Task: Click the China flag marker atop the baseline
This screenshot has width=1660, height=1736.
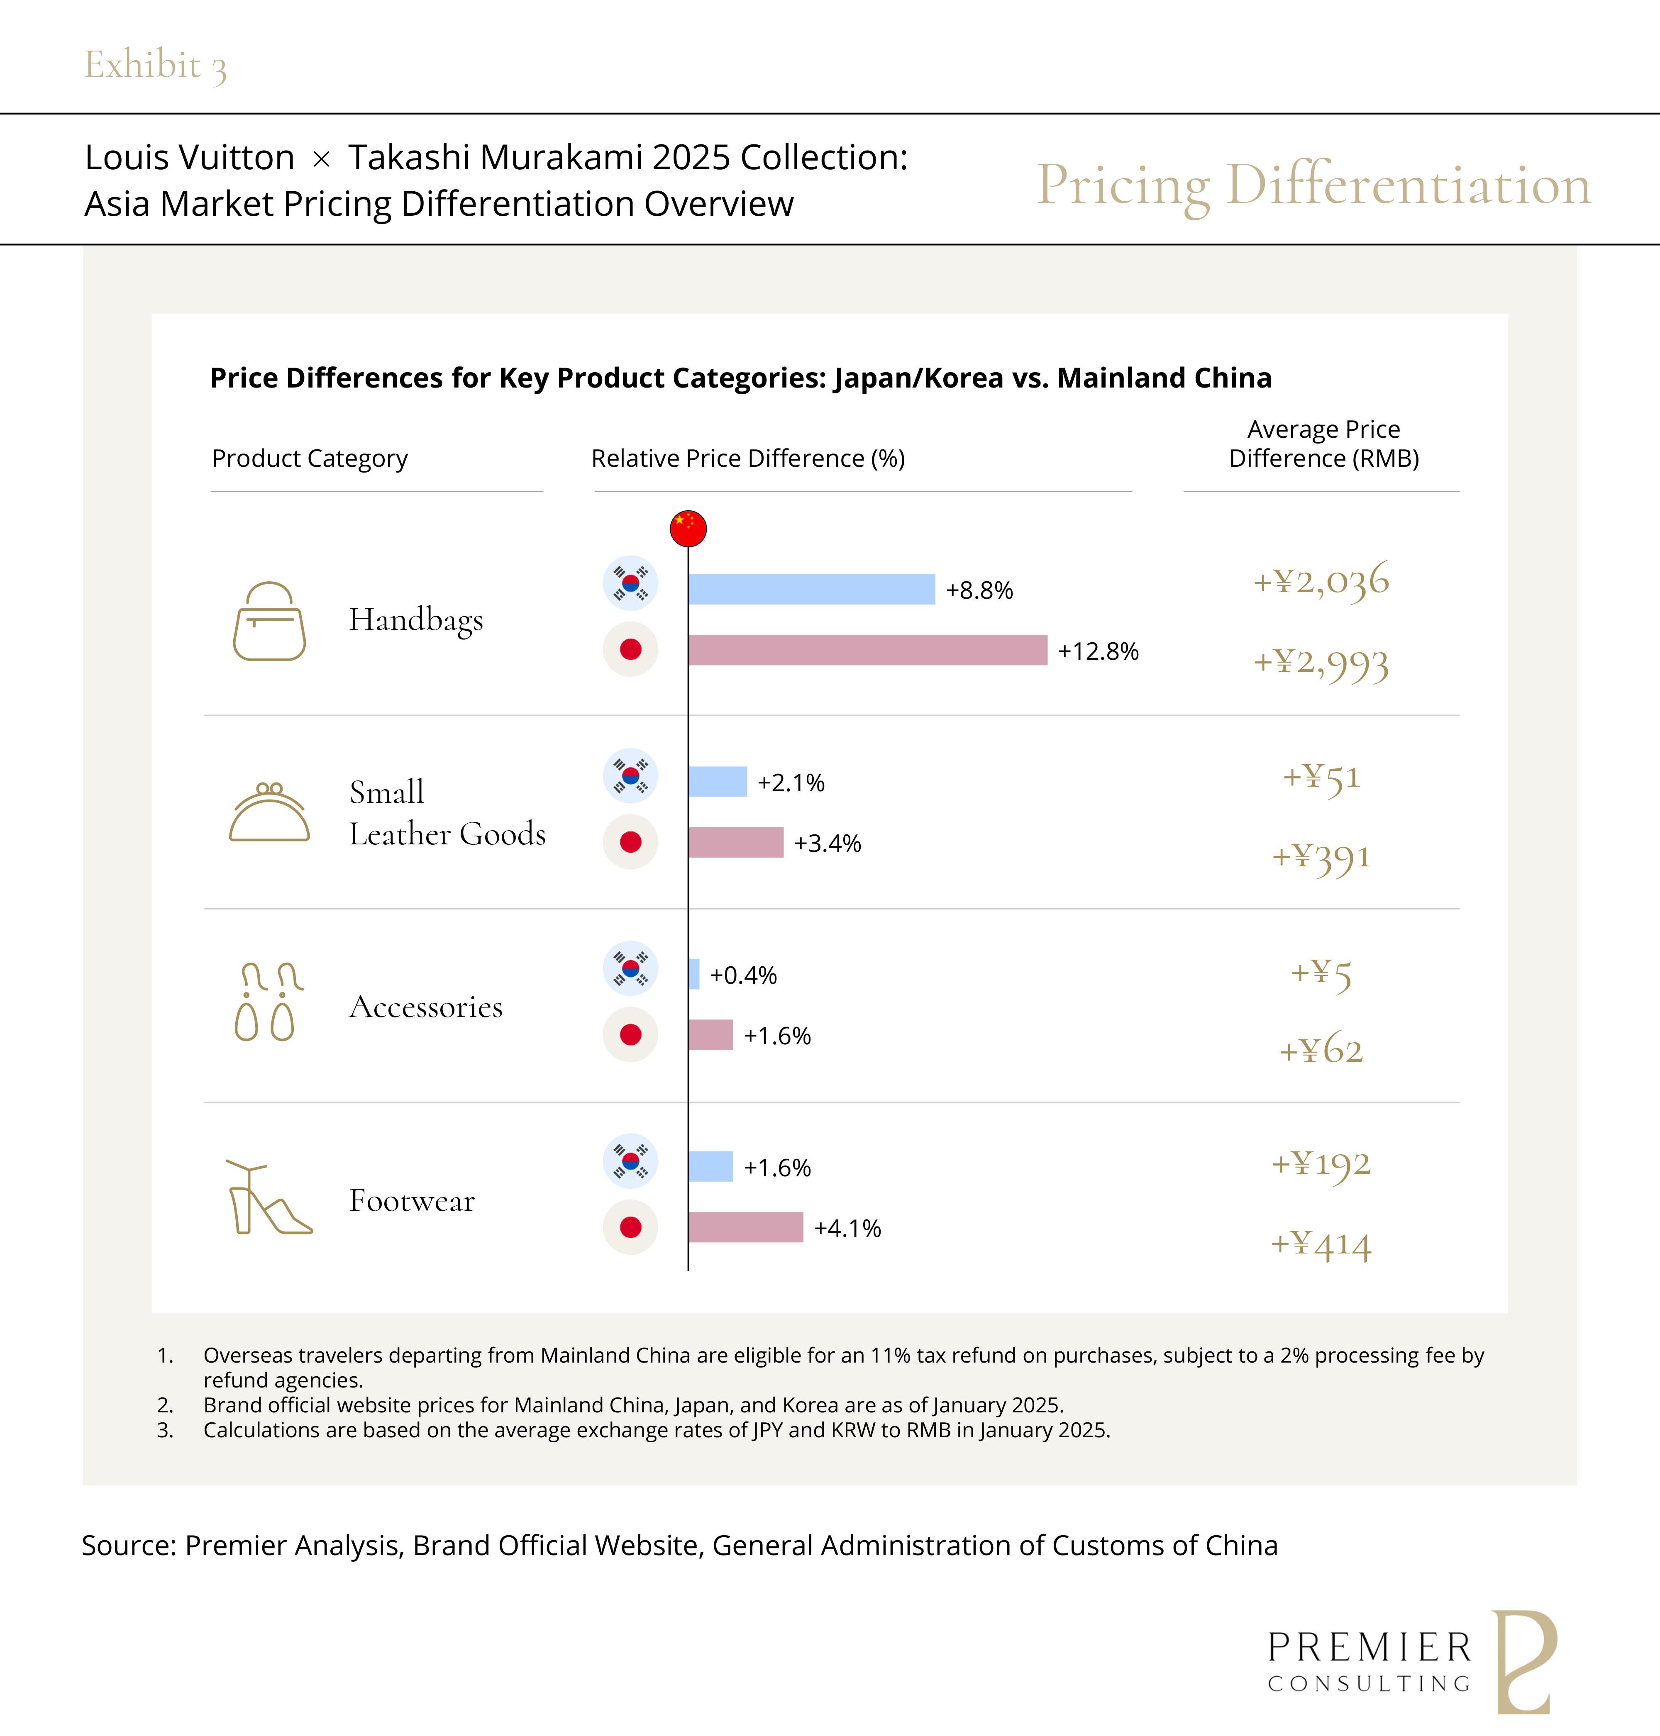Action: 688,528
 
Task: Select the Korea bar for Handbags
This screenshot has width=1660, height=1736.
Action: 811,589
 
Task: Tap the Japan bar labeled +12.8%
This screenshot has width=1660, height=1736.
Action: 867,650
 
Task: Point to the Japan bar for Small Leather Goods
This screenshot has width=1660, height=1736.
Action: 735,842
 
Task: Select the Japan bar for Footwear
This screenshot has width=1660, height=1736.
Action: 745,1227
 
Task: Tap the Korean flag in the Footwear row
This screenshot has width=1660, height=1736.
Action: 630,1161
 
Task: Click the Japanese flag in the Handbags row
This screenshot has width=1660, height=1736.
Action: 630,649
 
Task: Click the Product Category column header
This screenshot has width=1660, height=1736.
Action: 310,458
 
